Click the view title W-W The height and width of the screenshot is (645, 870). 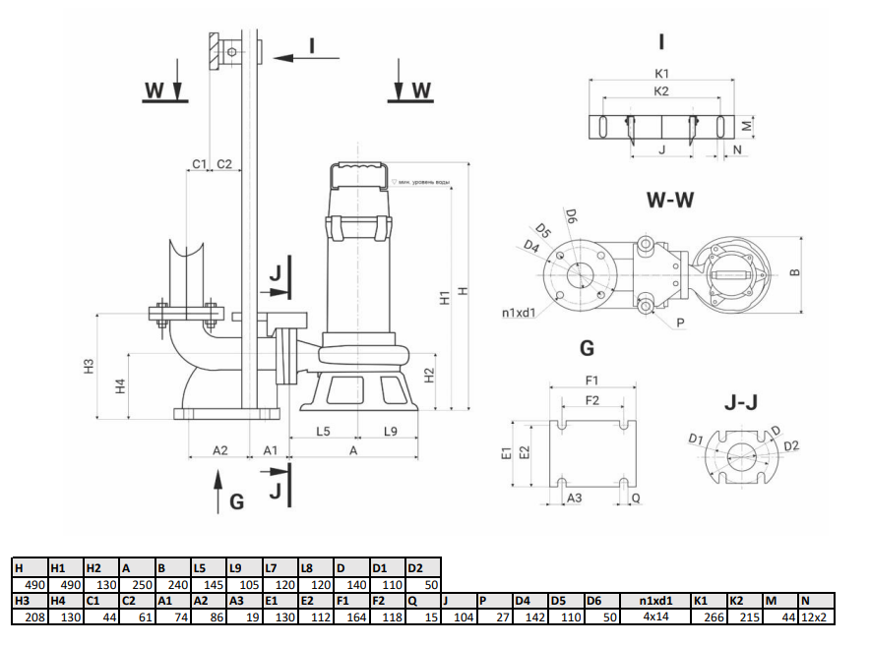[669, 201]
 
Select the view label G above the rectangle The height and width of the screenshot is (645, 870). [587, 347]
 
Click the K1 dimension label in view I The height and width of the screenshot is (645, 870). [661, 74]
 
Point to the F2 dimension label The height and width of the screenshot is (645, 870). [591, 400]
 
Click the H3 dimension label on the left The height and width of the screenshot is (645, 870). [88, 368]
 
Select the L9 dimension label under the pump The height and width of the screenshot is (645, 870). [390, 431]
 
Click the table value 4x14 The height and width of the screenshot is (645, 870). [655, 616]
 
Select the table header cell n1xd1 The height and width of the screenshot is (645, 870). [655, 600]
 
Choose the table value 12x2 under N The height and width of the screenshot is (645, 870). [816, 616]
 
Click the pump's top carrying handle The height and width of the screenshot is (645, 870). [358, 175]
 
